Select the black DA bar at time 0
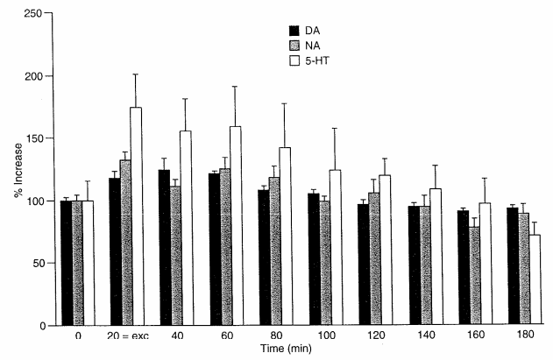pos(65,263)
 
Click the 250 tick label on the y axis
pos(36,14)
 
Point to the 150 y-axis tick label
pos(36,138)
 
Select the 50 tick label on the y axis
pos(39,263)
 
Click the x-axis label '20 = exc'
pos(126,335)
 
